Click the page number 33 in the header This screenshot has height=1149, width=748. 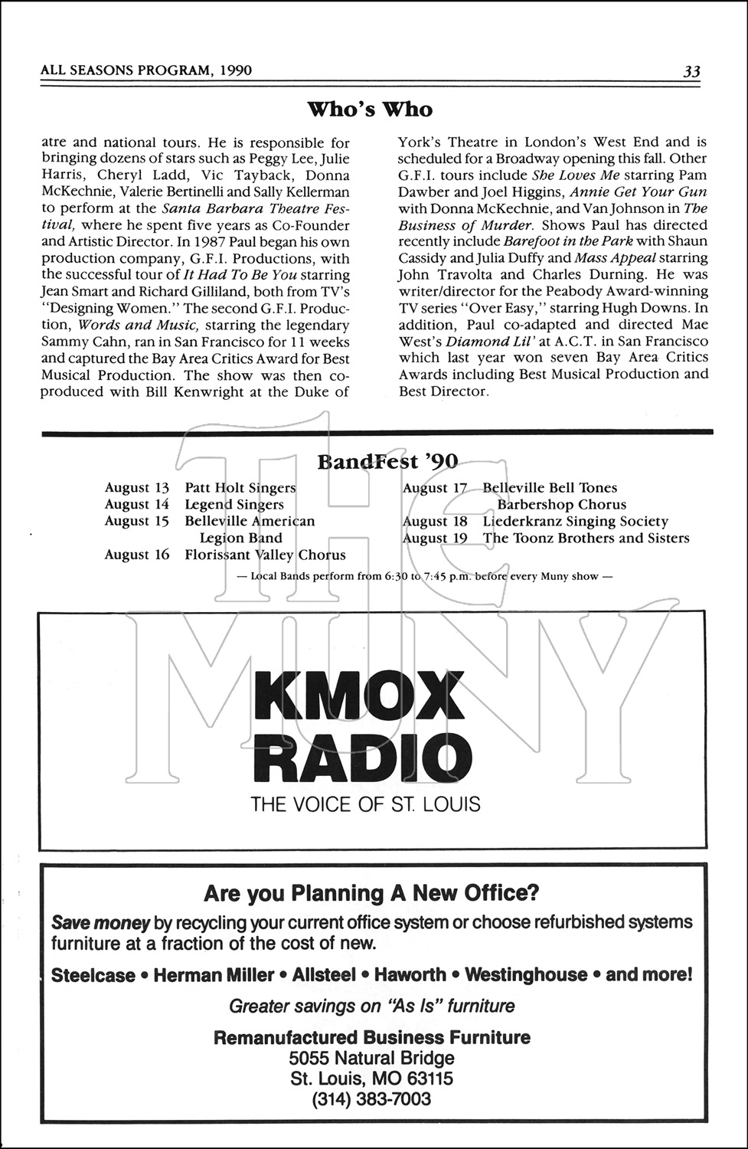(x=691, y=71)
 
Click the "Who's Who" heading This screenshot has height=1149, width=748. (x=370, y=110)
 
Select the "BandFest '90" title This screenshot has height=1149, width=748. (x=387, y=461)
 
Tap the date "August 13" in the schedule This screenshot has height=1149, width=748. (x=137, y=488)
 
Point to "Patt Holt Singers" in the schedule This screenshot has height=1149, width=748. (x=240, y=488)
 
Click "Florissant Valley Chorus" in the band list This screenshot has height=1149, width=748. (x=265, y=555)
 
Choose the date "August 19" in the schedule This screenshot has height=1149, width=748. (x=435, y=538)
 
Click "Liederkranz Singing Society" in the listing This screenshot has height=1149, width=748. (x=575, y=521)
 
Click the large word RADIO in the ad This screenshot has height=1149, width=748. (x=364, y=758)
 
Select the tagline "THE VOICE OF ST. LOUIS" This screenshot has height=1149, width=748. (x=365, y=804)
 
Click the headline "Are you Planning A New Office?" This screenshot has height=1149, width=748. (x=371, y=892)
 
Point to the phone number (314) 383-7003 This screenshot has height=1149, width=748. (x=371, y=1099)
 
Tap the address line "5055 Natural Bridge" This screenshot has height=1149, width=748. (x=371, y=1058)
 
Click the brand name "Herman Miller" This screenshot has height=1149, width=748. (x=214, y=974)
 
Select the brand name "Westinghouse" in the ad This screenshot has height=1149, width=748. (x=525, y=974)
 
